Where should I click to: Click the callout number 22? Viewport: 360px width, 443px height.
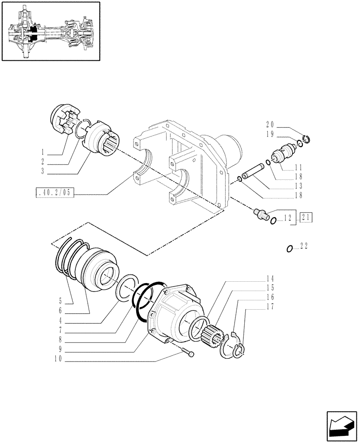point(304,247)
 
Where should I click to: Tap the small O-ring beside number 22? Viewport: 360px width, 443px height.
point(290,248)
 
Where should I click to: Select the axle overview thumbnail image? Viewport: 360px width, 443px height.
point(51,31)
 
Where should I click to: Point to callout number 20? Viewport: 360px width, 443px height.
point(270,124)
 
